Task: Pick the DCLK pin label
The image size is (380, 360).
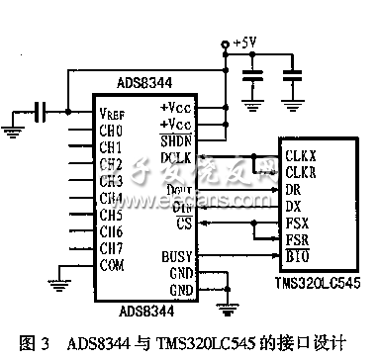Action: pos(174,157)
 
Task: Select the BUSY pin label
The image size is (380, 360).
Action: pos(174,255)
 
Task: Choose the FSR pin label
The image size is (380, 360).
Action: pos(296,240)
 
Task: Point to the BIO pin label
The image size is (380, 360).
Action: pos(296,255)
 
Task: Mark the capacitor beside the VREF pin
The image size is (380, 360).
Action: pos(42,111)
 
